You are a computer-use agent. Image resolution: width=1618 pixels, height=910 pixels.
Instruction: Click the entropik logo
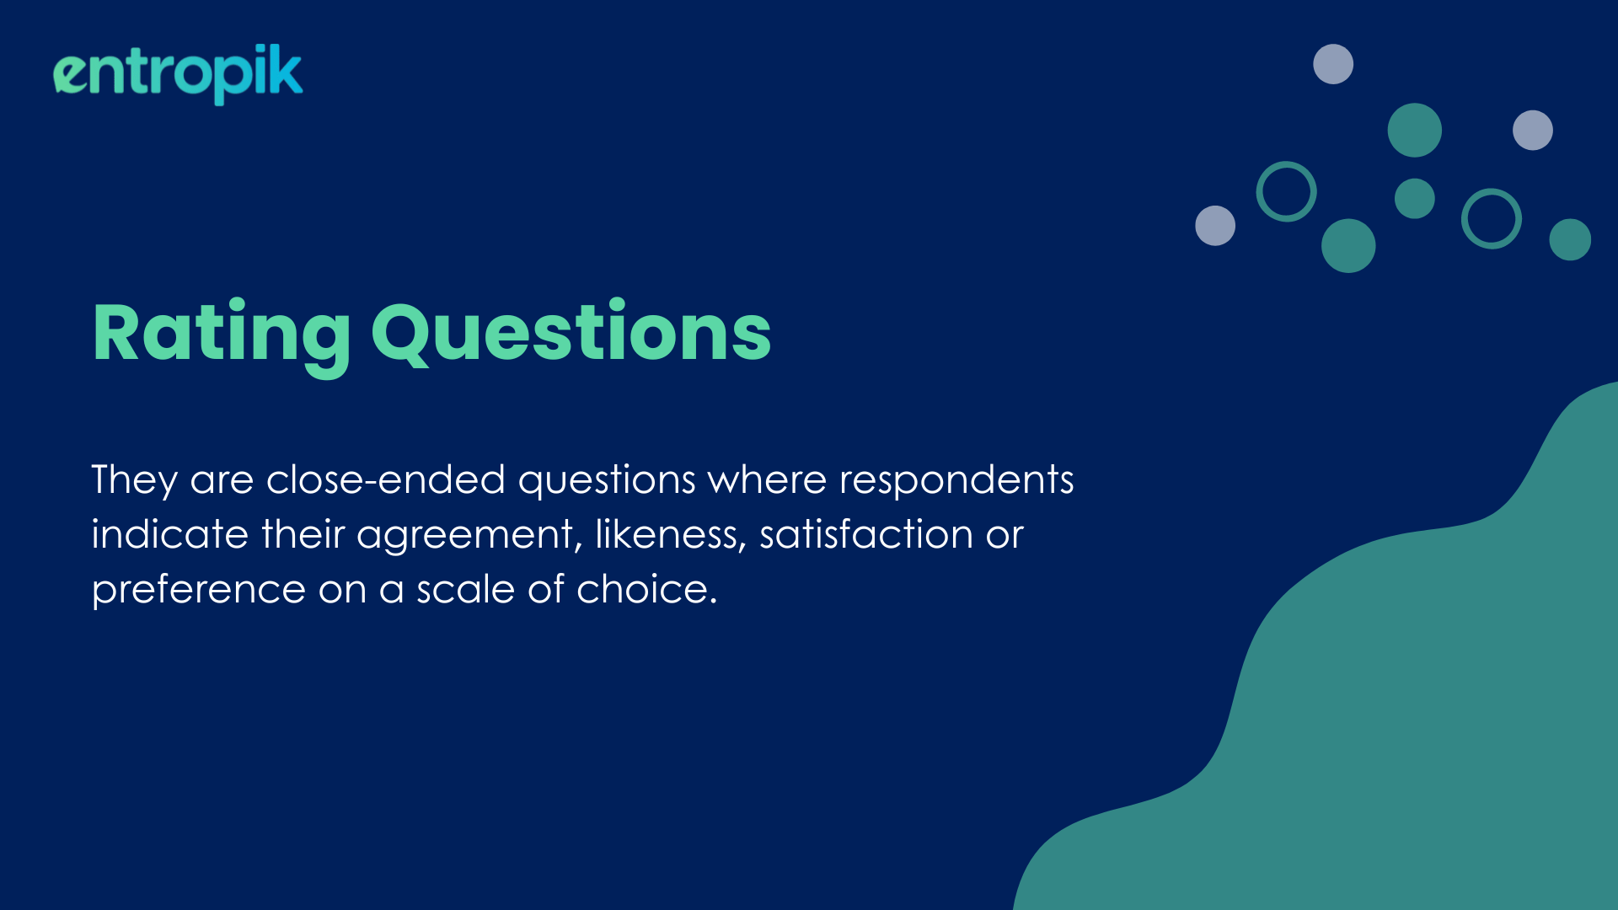pos(178,74)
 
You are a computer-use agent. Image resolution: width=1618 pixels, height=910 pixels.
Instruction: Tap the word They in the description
pos(135,480)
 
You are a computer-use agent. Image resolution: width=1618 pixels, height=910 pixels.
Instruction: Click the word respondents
pos(956,480)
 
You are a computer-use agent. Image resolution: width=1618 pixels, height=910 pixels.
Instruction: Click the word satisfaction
pos(866,534)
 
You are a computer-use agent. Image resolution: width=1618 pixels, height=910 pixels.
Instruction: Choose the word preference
pos(199,590)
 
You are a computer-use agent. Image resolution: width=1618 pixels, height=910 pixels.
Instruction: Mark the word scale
pos(465,588)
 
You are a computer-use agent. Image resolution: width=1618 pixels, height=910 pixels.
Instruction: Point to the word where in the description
pos(767,479)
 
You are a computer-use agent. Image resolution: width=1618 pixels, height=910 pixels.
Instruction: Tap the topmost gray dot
pos(1333,64)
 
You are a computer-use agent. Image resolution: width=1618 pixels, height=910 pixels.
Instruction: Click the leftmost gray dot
pos(1215,226)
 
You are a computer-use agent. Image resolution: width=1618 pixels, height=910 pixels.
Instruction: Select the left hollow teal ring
pos(1259,192)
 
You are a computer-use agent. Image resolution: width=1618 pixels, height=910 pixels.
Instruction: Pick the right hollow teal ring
pos(1465,219)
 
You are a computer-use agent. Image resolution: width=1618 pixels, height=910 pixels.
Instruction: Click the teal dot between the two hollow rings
pos(1415,199)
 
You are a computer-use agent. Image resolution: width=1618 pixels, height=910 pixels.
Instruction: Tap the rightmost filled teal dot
pos(1570,239)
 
